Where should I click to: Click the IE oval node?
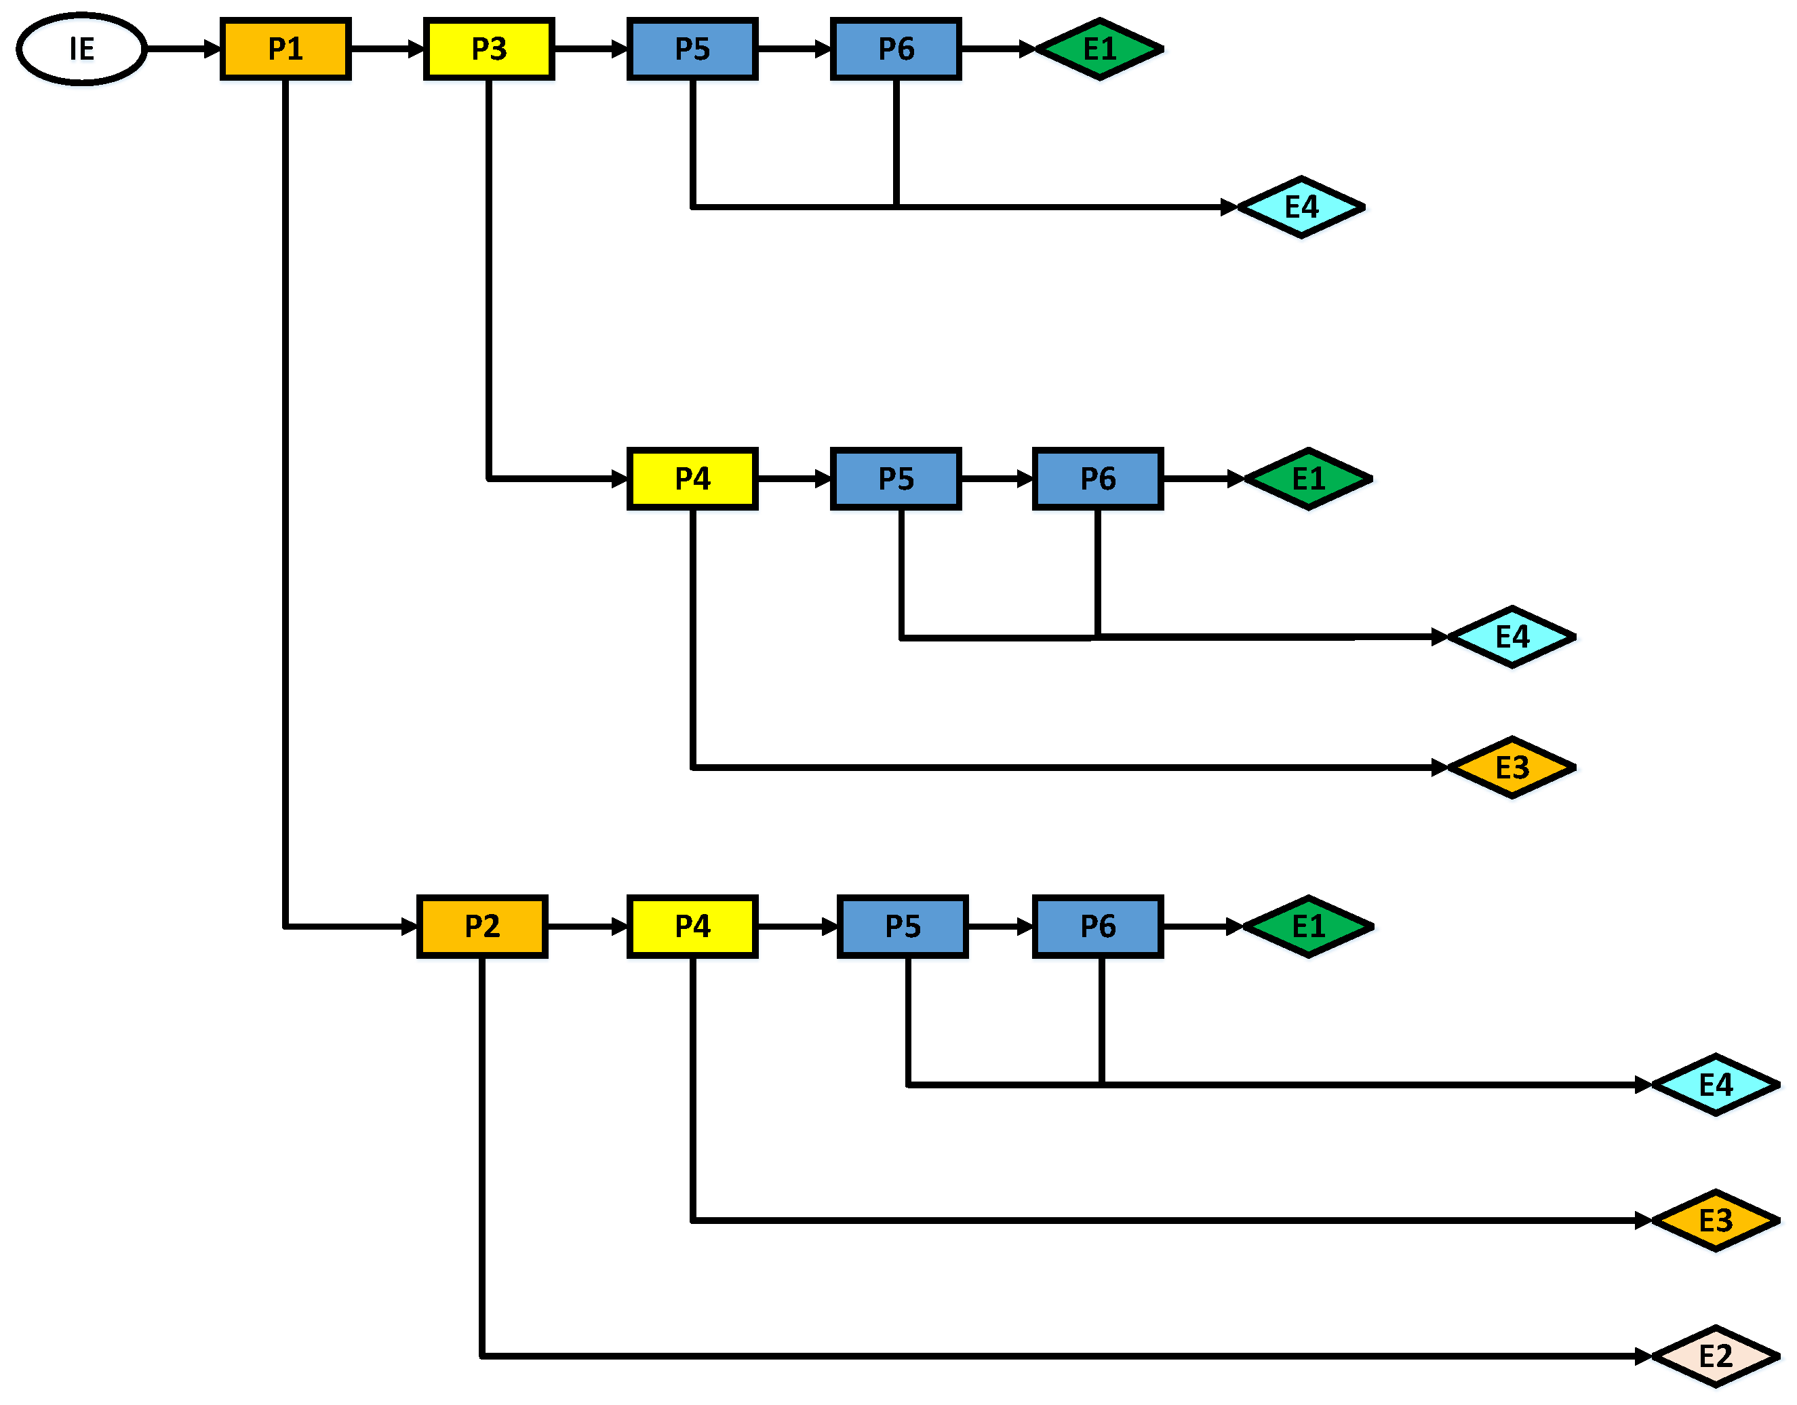pyautogui.click(x=81, y=49)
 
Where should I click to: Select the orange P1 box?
pyautogui.click(x=285, y=49)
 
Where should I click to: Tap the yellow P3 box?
pyautogui.click(x=489, y=49)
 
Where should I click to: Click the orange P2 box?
pyautogui.click(x=481, y=926)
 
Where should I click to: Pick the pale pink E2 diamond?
pyautogui.click(x=1716, y=1356)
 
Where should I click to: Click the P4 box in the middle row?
pyautogui.click(x=692, y=478)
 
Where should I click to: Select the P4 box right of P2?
pyautogui.click(x=692, y=926)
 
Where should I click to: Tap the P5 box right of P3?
pyautogui.click(x=692, y=49)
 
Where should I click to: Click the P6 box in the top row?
pyautogui.click(x=896, y=49)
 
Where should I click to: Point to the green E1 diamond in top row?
pyautogui.click(x=1099, y=49)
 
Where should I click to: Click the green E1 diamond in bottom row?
pyautogui.click(x=1308, y=926)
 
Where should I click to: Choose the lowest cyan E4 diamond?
pyautogui.click(x=1716, y=1084)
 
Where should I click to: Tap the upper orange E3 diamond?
pyautogui.click(x=1512, y=767)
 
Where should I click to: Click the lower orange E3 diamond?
pyautogui.click(x=1716, y=1220)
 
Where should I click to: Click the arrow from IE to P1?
pyautogui.click(x=182, y=49)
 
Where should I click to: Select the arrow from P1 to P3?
pyautogui.click(x=387, y=49)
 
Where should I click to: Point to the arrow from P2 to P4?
pyautogui.click(x=587, y=926)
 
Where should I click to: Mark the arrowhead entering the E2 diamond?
pyautogui.click(x=1642, y=1356)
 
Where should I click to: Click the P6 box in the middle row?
pyautogui.click(x=1098, y=478)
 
